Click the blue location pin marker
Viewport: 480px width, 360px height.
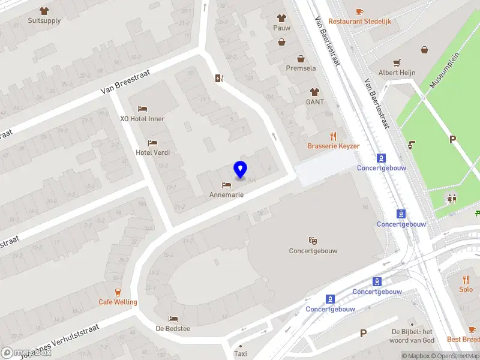240,170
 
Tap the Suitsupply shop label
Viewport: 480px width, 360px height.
44,20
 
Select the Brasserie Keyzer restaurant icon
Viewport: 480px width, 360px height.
334,137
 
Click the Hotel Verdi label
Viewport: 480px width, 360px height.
153,152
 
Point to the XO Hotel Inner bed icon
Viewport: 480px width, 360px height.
142,109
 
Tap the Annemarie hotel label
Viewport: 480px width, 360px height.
226,194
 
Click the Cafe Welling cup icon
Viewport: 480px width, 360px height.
118,292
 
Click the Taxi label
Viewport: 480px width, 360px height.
241,353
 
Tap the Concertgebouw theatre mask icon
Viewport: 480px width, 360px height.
312,241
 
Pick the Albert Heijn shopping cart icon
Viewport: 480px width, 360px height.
397,62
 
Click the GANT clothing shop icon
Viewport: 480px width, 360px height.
314,92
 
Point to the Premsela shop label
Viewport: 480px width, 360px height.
301,68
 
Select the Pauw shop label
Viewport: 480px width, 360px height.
282,27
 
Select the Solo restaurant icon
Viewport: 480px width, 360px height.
466,280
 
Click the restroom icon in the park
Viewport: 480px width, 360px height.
451,198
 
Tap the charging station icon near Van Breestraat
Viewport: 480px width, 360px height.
220,78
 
